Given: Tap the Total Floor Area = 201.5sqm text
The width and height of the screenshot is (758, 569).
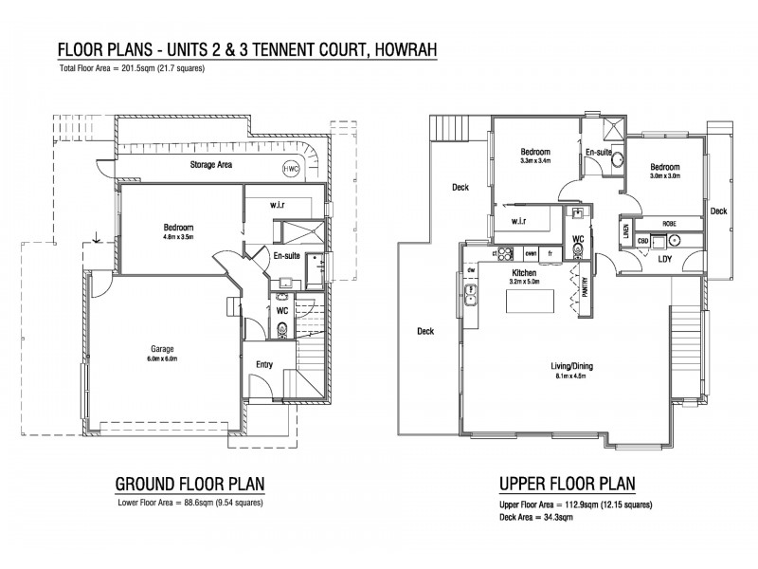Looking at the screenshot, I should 132,69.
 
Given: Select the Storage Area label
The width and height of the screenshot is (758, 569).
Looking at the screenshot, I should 211,165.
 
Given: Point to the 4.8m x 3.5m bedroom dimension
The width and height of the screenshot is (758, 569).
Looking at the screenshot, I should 178,237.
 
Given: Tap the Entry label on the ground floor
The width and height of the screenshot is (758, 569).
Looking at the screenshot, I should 265,364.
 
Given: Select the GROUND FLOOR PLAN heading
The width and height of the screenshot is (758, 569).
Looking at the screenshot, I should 189,483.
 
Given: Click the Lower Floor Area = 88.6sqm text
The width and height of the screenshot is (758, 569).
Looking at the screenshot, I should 189,503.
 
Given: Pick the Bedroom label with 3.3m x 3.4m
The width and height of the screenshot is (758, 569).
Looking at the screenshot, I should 535,152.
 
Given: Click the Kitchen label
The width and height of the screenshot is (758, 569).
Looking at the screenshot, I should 524,272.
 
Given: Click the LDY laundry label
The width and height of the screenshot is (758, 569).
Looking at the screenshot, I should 665,258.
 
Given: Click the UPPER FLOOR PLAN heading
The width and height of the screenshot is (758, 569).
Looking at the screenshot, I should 568,483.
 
